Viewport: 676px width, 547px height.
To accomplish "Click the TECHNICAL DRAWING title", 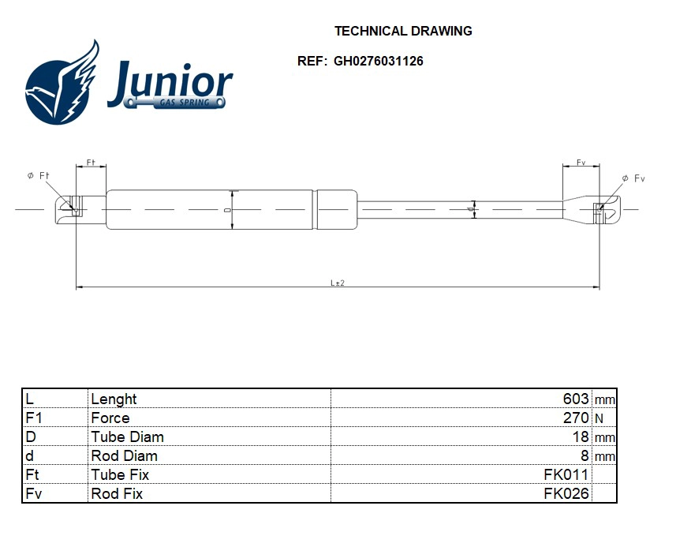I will click(403, 32).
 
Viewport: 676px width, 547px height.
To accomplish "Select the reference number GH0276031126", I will click(378, 61).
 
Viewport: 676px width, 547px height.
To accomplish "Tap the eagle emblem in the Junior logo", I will click(62, 85).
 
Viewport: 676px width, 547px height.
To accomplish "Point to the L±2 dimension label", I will click(337, 283).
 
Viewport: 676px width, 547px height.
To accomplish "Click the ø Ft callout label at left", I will click(38, 176).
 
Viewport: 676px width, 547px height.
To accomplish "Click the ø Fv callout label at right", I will click(633, 179).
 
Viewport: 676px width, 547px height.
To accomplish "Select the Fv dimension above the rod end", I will click(581, 163).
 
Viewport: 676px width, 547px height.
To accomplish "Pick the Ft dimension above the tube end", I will click(91, 163).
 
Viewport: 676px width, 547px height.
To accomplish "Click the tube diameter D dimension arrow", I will click(232, 210).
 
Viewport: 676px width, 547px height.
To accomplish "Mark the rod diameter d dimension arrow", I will click(473, 209).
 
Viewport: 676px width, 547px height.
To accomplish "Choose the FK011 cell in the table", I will click(566, 475).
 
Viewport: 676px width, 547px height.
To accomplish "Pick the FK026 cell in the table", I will click(566, 494).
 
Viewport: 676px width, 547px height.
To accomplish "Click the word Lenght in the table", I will click(114, 399).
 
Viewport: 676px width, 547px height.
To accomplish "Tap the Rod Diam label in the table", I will click(124, 456).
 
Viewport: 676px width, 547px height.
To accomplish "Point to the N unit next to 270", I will click(599, 419).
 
